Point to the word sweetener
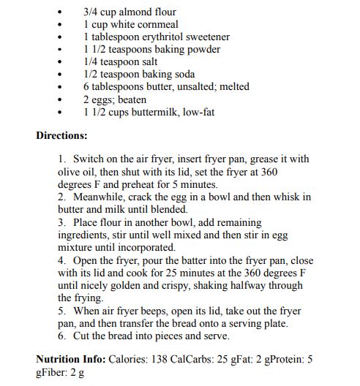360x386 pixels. click(x=206, y=37)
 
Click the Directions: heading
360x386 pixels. click(x=61, y=135)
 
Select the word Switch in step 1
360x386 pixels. click(x=88, y=159)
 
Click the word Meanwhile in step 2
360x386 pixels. click(x=102, y=197)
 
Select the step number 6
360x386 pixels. click(x=62, y=336)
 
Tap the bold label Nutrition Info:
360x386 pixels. click(x=70, y=360)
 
